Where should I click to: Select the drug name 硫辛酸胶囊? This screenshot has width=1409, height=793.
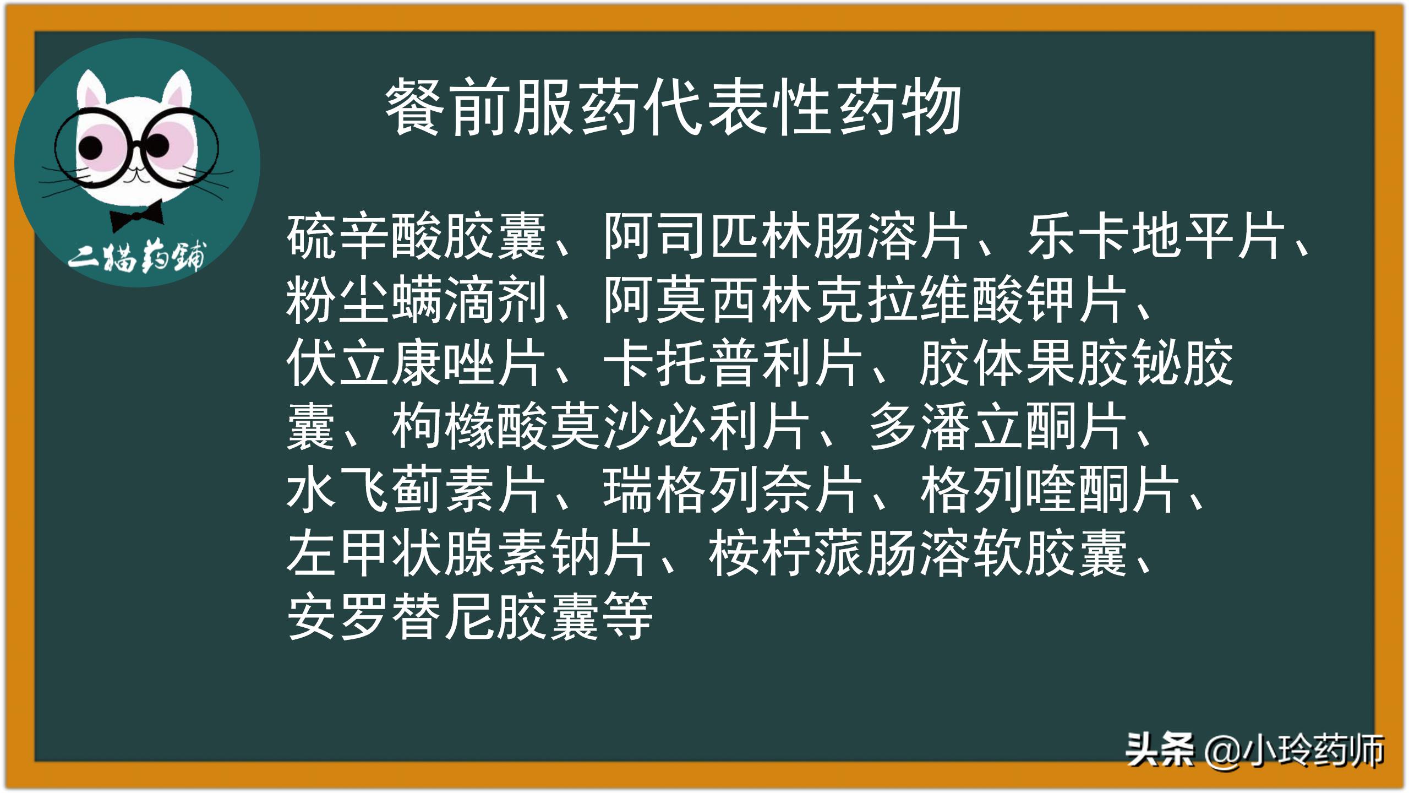click(416, 237)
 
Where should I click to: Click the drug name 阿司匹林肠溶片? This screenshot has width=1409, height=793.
click(785, 237)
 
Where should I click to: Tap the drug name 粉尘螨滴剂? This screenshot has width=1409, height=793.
click(416, 300)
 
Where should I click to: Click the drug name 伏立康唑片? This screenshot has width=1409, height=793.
click(416, 363)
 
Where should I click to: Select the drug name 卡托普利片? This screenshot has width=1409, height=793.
click(732, 363)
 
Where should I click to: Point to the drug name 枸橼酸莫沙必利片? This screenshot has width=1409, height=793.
click(600, 427)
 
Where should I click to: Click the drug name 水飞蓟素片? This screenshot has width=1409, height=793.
click(416, 490)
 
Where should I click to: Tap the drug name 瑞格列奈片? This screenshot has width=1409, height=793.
click(732, 490)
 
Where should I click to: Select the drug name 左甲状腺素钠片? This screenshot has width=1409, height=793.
click(469, 553)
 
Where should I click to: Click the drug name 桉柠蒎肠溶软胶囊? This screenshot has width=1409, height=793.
click(918, 553)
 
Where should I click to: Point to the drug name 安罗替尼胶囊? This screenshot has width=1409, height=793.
click(443, 617)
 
